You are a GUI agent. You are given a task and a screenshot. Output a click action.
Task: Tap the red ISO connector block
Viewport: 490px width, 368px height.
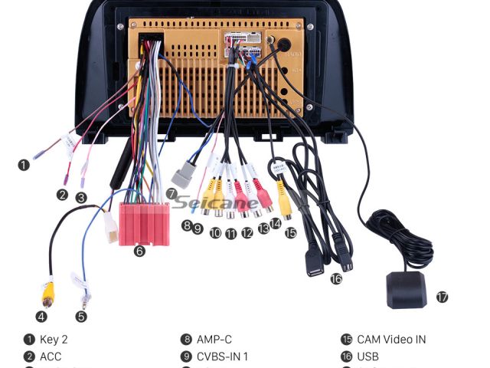pyautogui.click(x=145, y=223)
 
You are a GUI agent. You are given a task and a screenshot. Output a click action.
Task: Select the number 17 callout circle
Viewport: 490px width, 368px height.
pyautogui.click(x=442, y=297)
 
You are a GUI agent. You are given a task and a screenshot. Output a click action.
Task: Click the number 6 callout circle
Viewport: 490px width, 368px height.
pyautogui.click(x=139, y=251)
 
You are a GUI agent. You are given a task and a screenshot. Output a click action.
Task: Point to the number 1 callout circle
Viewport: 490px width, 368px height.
pyautogui.click(x=24, y=164)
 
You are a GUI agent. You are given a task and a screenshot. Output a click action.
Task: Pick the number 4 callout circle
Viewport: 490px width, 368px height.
pyautogui.click(x=41, y=316)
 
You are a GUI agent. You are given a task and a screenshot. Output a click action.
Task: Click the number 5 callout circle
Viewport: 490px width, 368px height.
pyautogui.click(x=81, y=316)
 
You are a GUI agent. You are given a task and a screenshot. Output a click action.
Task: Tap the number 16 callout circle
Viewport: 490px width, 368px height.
pyautogui.click(x=336, y=279)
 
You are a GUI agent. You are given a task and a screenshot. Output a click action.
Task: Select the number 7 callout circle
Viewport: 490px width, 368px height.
pyautogui.click(x=171, y=193)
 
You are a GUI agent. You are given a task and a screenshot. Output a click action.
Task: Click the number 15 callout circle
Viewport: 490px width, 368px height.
pyautogui.click(x=290, y=232)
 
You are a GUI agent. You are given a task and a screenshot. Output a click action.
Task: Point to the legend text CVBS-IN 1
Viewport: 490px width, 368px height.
pyautogui.click(x=223, y=356)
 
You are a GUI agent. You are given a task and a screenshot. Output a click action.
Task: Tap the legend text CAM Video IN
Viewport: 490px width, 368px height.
pyautogui.click(x=391, y=340)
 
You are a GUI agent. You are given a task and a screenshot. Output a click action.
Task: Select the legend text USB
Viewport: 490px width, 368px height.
pyautogui.click(x=367, y=356)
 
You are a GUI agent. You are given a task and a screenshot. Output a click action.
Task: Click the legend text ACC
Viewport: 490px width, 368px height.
pyautogui.click(x=51, y=356)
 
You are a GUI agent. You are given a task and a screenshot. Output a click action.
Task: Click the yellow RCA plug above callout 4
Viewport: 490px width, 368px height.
pyautogui.click(x=47, y=291)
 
